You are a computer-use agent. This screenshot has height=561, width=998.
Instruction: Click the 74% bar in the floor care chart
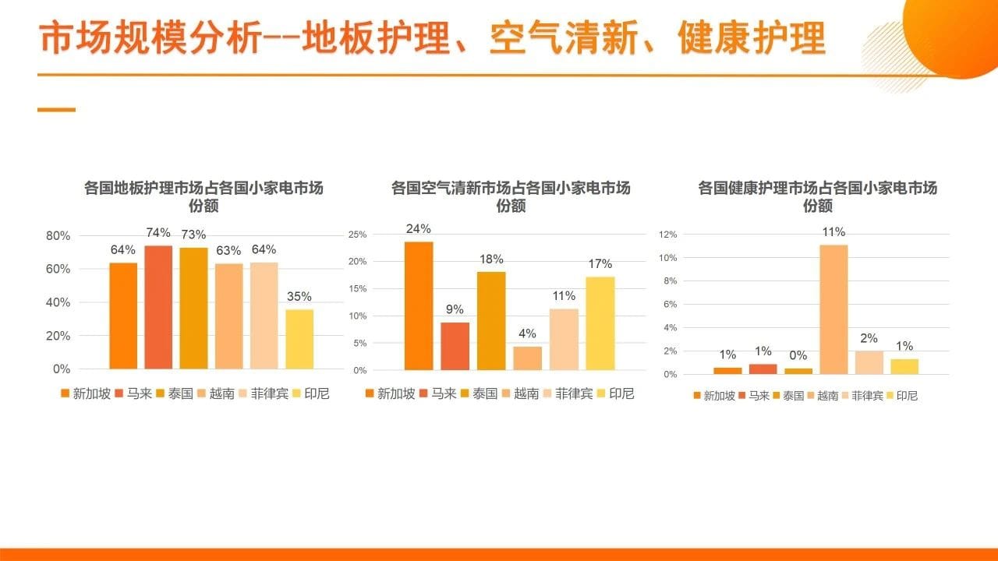click(158, 307)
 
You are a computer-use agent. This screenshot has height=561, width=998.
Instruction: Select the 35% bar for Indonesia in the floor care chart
click(299, 339)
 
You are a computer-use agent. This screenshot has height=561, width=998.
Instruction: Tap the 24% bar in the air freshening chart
click(419, 306)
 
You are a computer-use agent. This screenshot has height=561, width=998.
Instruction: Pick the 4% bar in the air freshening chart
click(528, 358)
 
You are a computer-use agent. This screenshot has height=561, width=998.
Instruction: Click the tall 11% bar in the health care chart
click(833, 309)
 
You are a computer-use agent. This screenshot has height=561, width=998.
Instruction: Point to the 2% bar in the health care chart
click(869, 362)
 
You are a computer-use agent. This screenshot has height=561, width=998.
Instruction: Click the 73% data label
click(193, 235)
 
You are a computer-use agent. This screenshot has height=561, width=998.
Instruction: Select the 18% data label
click(491, 259)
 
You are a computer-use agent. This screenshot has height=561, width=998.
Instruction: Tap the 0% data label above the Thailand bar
click(798, 355)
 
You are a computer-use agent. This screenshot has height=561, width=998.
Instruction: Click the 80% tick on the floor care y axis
click(58, 236)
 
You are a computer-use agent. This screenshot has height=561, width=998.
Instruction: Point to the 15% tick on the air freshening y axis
click(357, 288)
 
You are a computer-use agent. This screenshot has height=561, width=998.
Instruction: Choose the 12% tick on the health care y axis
click(668, 235)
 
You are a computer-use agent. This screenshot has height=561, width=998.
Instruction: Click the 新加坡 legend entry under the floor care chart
click(86, 393)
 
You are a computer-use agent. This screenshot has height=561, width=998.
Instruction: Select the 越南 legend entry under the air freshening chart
click(520, 393)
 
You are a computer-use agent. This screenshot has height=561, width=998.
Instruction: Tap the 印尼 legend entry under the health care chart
click(902, 395)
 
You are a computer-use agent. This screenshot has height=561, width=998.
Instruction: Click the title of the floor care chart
click(203, 196)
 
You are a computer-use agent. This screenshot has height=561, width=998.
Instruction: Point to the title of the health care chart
click(818, 196)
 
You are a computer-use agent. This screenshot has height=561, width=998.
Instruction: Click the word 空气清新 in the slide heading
click(564, 38)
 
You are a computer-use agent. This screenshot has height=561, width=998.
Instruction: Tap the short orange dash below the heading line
click(57, 110)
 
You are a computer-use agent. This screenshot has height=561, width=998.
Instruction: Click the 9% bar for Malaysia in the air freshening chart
click(455, 347)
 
